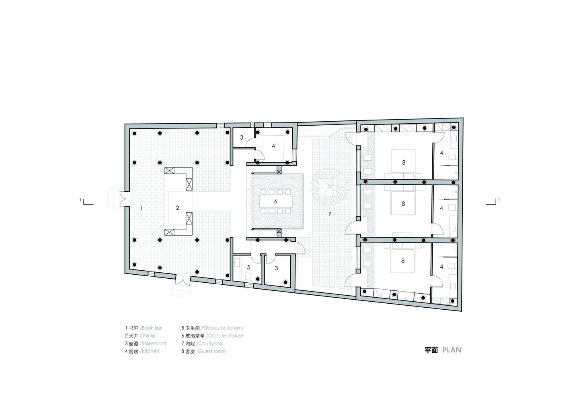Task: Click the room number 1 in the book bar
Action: coord(141,207)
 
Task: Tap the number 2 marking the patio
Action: coord(177,207)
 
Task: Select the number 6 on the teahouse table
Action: coord(275,201)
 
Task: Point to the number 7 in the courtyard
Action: coord(330,214)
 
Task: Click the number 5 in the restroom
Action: coord(248,267)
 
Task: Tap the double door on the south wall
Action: coord(183,280)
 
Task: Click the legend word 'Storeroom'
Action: coord(153,344)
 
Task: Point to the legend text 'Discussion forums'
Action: coord(223,328)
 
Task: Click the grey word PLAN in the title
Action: coord(452,350)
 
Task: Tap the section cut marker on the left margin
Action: coord(87,201)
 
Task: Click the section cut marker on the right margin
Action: coord(493,201)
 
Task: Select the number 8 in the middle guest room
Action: coord(403,204)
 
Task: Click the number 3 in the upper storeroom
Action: coord(241,137)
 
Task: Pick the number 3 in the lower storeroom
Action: coord(276,268)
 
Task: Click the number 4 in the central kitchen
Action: coord(273,146)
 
